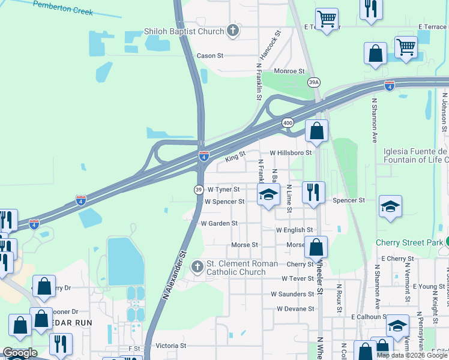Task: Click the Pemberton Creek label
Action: click(63, 8)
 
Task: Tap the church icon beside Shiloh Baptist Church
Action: click(234, 31)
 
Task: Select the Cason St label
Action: click(210, 56)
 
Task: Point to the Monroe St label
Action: click(289, 71)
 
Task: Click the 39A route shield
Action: click(314, 82)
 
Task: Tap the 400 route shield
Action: click(288, 122)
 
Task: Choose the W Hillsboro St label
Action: click(291, 153)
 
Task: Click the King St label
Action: click(235, 157)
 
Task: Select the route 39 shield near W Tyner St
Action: click(198, 190)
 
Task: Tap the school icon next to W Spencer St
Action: click(269, 194)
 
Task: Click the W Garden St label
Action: click(219, 223)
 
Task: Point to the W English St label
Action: click(294, 230)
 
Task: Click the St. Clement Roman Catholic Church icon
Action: click(197, 266)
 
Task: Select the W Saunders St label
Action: click(292, 294)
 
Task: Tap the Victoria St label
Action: click(171, 346)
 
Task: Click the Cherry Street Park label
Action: click(408, 243)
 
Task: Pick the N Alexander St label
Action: click(173, 277)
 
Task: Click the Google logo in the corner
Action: click(20, 353)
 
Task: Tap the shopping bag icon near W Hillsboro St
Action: click(316, 130)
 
